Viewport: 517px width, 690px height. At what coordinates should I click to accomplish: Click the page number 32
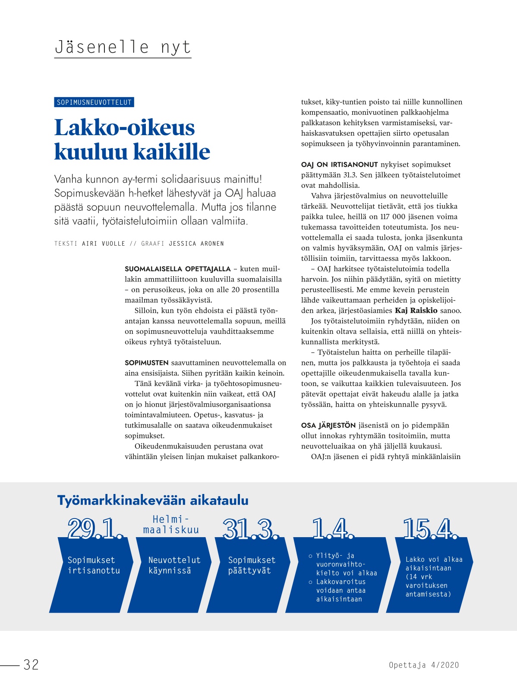click(31, 665)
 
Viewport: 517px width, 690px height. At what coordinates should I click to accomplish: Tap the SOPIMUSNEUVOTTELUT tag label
click(94, 102)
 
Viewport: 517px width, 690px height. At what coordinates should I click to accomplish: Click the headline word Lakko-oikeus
click(124, 128)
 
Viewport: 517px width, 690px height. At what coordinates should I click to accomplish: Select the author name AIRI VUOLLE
click(104, 244)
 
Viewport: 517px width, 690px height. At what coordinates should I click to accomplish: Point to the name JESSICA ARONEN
click(196, 244)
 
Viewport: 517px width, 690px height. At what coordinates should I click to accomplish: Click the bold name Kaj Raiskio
click(416, 310)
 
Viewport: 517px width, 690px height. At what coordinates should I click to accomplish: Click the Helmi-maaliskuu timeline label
click(171, 525)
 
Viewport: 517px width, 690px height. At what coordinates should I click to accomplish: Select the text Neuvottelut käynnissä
click(174, 565)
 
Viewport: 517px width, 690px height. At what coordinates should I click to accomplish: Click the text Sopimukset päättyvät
click(252, 565)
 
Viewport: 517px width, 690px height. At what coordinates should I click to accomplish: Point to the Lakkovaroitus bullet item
click(340, 590)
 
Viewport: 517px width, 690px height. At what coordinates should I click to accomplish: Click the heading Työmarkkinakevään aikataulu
click(153, 500)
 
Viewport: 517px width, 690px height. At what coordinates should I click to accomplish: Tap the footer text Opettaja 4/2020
click(424, 665)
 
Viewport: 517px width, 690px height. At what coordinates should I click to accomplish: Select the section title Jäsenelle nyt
click(123, 47)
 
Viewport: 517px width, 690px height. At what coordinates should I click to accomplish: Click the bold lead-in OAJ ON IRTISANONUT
click(339, 165)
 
